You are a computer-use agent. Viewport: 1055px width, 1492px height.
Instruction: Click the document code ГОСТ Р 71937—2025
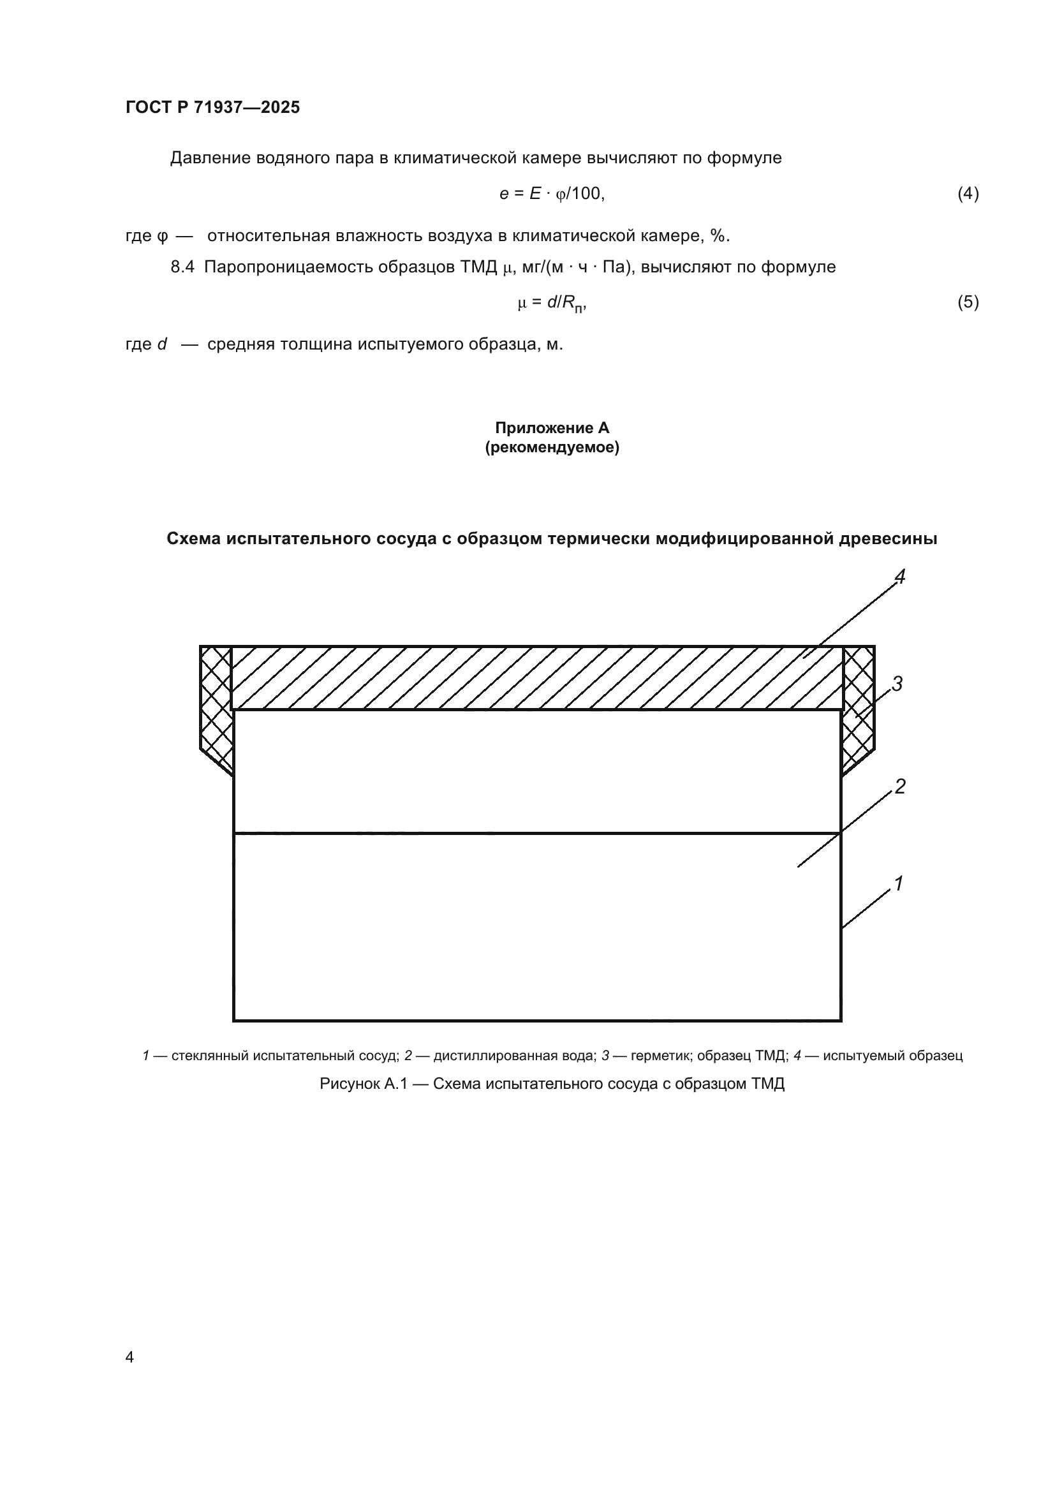coord(212,107)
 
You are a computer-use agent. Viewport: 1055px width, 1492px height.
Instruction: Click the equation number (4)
coord(968,194)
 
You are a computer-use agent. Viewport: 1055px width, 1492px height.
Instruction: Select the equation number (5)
coord(968,302)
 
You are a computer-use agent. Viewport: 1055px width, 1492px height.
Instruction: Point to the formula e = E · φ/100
coord(552,194)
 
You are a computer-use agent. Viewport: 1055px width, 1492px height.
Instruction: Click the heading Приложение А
coord(552,427)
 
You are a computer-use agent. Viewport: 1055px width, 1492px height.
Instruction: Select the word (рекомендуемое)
coord(552,448)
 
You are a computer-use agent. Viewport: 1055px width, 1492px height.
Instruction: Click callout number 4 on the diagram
coord(900,577)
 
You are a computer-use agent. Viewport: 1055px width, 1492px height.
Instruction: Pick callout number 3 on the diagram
coord(897,684)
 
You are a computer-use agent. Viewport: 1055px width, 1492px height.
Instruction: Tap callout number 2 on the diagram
coord(900,787)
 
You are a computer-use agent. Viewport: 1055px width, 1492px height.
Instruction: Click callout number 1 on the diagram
coord(899,883)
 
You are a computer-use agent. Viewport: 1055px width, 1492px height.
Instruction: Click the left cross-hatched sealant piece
coord(216,705)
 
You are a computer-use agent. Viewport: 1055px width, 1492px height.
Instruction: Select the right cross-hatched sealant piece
coord(858,705)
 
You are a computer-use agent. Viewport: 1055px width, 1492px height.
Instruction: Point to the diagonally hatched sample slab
coord(536,678)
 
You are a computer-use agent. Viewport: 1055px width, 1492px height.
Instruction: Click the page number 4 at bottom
coord(129,1357)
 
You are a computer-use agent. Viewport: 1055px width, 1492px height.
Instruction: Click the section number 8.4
coord(182,267)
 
